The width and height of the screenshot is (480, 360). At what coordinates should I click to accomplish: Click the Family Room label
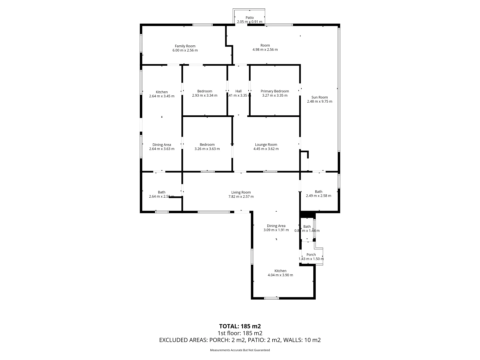(185, 46)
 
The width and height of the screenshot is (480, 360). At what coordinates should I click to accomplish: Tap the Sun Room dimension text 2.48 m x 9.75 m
(319, 101)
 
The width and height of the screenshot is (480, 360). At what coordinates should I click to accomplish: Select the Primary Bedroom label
(275, 91)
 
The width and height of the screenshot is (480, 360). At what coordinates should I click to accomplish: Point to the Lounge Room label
(266, 145)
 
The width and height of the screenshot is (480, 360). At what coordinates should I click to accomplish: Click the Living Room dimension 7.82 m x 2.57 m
(241, 197)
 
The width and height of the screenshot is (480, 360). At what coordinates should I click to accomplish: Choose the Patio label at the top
(250, 18)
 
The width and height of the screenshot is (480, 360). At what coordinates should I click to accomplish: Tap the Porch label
(311, 255)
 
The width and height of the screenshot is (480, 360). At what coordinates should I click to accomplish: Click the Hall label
(238, 91)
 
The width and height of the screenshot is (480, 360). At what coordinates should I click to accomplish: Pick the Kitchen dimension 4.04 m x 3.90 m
(280, 275)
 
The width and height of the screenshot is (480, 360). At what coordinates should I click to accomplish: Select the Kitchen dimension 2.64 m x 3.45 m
(162, 96)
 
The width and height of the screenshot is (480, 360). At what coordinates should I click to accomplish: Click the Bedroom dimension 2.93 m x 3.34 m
(205, 95)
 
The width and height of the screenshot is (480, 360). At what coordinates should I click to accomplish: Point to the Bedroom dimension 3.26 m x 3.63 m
(207, 149)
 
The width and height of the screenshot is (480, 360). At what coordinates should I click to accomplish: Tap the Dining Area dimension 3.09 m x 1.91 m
(276, 230)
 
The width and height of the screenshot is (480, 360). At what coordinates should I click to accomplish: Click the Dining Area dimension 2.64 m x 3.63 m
(162, 149)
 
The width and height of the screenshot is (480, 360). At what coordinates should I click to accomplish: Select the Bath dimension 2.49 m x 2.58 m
(318, 196)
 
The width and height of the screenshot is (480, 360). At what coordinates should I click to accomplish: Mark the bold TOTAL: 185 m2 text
(240, 326)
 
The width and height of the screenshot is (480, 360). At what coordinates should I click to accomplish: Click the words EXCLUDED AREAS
(183, 340)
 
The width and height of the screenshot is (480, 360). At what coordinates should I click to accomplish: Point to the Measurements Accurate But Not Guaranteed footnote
(240, 350)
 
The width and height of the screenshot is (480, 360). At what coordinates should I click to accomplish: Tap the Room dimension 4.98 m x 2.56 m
(265, 50)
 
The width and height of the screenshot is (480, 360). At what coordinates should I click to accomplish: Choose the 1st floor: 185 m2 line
(240, 333)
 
